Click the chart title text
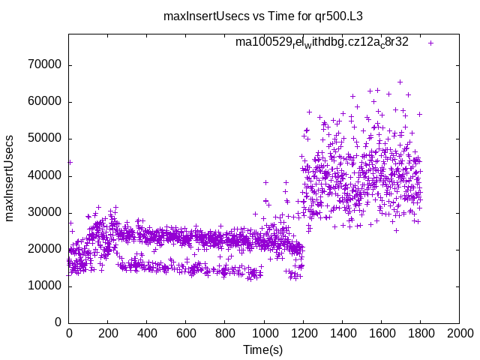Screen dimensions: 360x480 (268, 16)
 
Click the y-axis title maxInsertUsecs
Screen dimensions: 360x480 (10, 178)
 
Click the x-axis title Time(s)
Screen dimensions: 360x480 (263, 350)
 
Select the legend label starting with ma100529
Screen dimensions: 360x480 (322, 42)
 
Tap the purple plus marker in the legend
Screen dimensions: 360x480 (430, 43)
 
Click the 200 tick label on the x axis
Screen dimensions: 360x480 (108, 333)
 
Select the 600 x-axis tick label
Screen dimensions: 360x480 (186, 333)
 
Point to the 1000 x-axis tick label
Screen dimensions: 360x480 (264, 333)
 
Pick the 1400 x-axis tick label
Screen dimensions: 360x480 (342, 333)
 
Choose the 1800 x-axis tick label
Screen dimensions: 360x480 (420, 333)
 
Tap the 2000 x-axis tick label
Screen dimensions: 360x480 (459, 333)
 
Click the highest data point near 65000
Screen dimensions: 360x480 (400, 82)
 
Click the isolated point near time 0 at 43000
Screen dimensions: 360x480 (70, 162)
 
